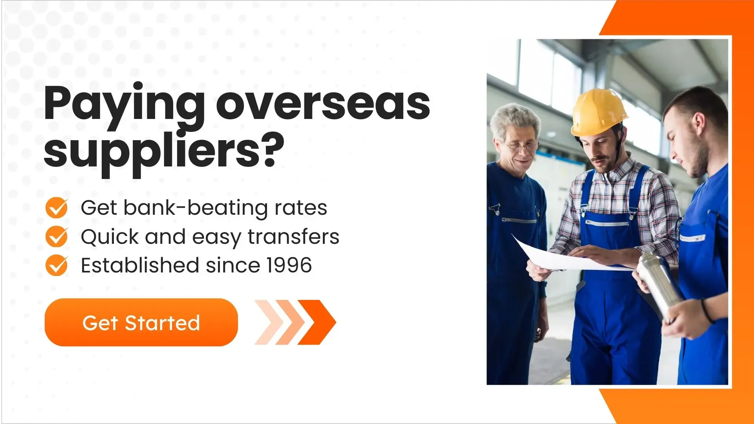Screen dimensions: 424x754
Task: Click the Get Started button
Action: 141,322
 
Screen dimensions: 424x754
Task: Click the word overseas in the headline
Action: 323,104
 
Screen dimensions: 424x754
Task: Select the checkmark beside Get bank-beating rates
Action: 57,208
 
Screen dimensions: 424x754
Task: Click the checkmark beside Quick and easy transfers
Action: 57,236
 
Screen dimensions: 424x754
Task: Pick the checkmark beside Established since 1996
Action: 57,265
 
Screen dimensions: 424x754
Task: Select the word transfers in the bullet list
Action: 293,237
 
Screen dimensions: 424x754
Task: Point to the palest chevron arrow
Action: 268,322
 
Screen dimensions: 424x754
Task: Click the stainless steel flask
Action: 660,285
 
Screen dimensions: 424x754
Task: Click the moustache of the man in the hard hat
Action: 600,159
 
